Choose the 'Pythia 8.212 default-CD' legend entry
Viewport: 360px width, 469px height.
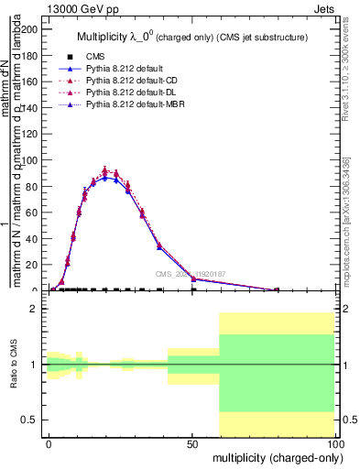coord(133,81)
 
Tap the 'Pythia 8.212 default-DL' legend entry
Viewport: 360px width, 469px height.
coord(133,93)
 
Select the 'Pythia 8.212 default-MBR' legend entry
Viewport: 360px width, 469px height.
coord(136,105)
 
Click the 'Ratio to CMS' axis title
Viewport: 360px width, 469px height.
coord(15,365)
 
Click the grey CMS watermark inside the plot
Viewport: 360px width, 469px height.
coord(191,274)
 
